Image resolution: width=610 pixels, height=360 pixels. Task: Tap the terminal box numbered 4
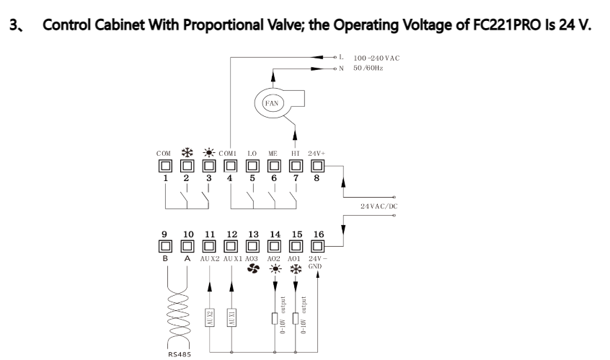(231, 166)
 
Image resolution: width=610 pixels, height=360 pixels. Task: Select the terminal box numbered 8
(317, 166)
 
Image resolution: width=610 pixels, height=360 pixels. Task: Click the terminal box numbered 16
(317, 246)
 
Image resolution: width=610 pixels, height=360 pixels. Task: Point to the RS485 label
(180, 354)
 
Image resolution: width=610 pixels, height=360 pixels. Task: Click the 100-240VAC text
(376, 58)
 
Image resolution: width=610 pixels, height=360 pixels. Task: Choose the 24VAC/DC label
(379, 206)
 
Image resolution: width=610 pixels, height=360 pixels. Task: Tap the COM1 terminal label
(228, 154)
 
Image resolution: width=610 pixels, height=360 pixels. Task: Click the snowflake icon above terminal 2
(187, 152)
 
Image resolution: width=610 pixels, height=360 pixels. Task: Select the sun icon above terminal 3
(209, 152)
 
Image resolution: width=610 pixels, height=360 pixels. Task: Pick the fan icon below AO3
(253, 268)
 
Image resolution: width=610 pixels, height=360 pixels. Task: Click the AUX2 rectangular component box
(210, 317)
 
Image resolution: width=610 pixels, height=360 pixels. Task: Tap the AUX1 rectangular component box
(231, 317)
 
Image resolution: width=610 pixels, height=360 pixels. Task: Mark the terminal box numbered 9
(165, 246)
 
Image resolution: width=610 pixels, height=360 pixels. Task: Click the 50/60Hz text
(368, 68)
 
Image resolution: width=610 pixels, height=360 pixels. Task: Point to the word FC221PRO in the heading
(506, 25)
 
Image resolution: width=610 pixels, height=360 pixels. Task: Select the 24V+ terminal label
(317, 154)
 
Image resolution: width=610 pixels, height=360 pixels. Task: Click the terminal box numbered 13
(252, 246)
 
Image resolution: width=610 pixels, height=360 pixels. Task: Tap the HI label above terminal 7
(296, 154)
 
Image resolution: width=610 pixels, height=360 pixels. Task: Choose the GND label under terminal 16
(314, 266)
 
